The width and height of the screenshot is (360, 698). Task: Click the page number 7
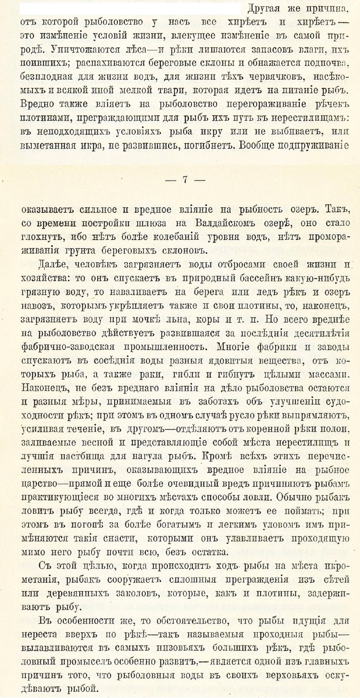coord(185,179)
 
